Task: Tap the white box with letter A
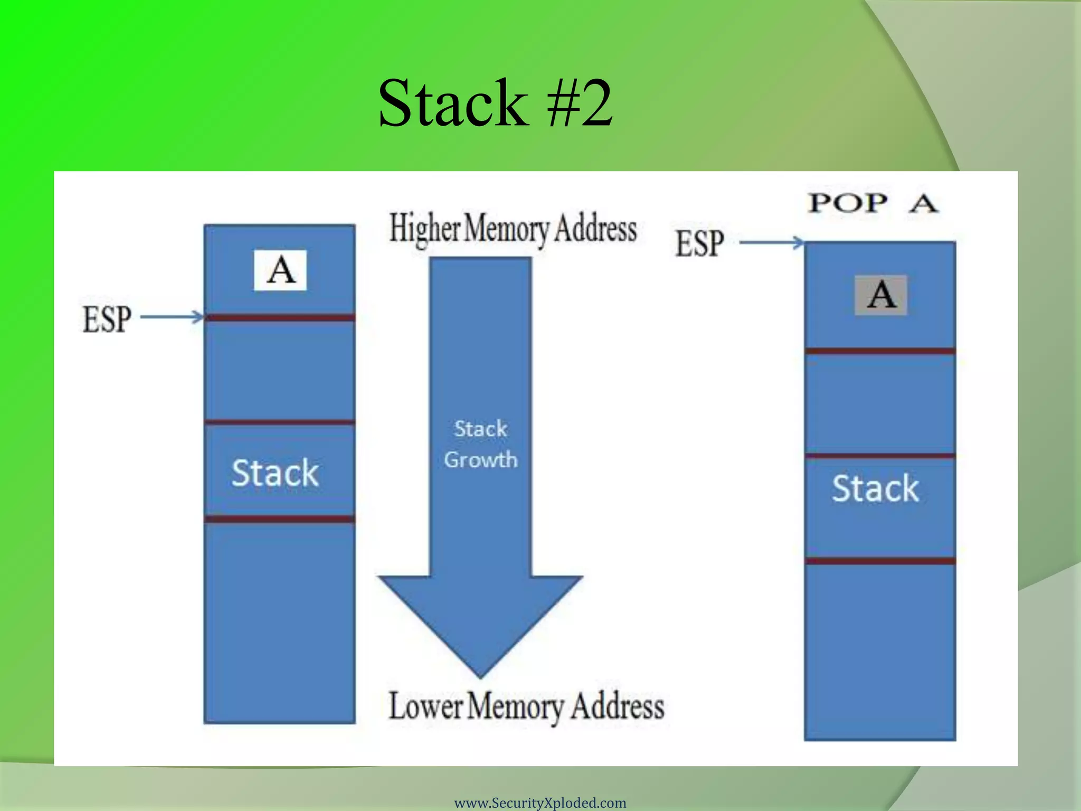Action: [280, 270]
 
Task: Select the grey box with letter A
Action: [881, 295]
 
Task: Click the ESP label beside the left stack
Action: [107, 319]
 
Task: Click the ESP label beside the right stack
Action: [699, 243]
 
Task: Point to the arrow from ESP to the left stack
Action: [172, 317]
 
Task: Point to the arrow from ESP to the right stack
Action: [772, 243]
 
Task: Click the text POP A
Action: [873, 203]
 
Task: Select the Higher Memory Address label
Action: [513, 229]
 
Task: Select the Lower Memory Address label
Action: [526, 706]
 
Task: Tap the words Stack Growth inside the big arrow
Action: [480, 444]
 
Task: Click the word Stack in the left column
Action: [275, 473]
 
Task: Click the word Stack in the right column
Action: [875, 488]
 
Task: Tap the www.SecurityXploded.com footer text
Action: [540, 803]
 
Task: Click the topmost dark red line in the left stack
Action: [280, 318]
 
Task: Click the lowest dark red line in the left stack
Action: [280, 519]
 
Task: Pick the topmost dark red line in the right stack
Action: [880, 351]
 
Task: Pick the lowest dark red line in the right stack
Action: [880, 561]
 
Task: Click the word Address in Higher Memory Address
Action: [595, 229]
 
